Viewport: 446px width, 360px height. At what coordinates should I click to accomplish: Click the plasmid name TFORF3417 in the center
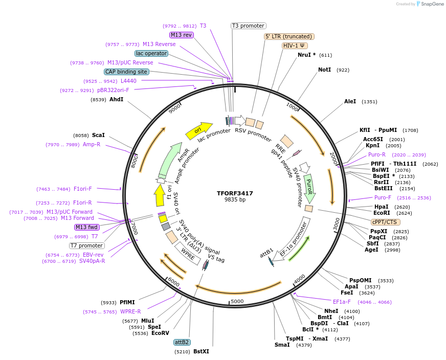point(235,193)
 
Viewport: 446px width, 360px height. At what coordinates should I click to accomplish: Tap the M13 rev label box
point(182,35)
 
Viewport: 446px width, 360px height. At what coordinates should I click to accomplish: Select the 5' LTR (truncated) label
point(289,36)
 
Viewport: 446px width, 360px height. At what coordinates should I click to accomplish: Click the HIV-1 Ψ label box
point(295,46)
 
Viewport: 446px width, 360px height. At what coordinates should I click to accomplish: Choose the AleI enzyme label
point(350,102)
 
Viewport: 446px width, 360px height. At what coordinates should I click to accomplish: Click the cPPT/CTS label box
point(386,222)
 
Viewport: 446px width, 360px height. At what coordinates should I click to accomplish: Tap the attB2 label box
point(182,342)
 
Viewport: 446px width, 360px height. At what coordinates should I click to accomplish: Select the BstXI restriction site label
point(201,351)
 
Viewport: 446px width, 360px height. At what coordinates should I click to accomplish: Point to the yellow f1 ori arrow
point(160,196)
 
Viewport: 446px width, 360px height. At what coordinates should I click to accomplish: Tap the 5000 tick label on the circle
point(237,301)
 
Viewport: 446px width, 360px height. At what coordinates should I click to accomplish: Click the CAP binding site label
point(126,72)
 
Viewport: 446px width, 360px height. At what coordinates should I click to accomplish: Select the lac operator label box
point(151,53)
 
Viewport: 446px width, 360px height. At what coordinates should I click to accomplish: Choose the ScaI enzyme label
point(98,136)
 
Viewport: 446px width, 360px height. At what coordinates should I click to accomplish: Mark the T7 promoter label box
point(87,245)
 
